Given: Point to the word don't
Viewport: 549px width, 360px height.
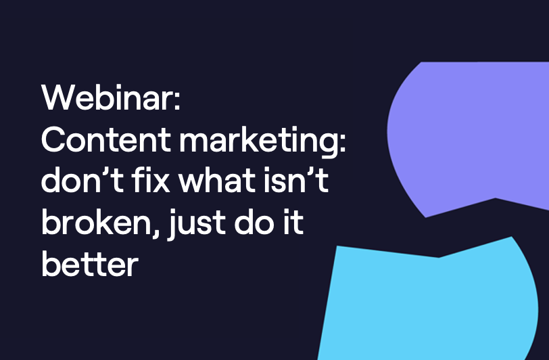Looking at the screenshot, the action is point(82,180).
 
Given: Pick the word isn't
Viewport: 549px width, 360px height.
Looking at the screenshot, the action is point(296,180).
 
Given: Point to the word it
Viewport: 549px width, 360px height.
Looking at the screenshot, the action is point(293,222).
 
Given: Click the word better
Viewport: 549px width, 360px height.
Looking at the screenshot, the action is point(90,264).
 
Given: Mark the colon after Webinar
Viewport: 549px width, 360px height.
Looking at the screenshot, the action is point(177,100).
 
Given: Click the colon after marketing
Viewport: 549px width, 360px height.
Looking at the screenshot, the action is point(342,142).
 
